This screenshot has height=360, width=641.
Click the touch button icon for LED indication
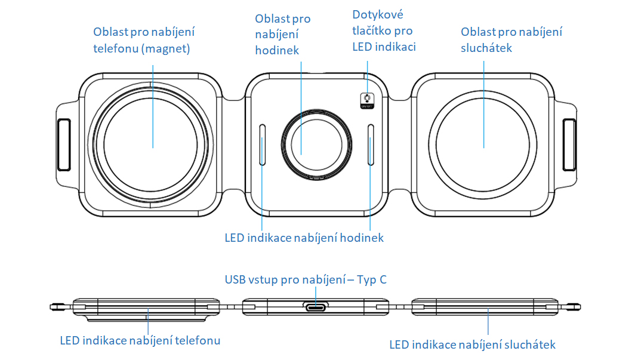tap(366, 101)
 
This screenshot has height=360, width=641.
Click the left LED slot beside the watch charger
tap(263, 144)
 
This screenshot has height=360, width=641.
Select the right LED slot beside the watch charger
tap(371, 144)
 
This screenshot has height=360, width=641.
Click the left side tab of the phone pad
tap(63, 145)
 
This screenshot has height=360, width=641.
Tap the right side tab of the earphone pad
tap(569, 145)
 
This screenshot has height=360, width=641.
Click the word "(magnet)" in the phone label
tap(166, 50)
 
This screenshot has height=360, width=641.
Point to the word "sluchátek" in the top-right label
tap(486, 48)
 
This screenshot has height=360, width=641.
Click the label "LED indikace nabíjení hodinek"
tap(304, 238)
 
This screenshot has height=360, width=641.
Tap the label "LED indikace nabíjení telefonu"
tap(140, 340)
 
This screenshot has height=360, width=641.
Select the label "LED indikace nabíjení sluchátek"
tap(472, 344)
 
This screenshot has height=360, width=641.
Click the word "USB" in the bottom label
tap(235, 279)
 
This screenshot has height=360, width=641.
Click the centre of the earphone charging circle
tap(483, 145)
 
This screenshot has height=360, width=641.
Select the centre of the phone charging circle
tap(152, 145)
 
